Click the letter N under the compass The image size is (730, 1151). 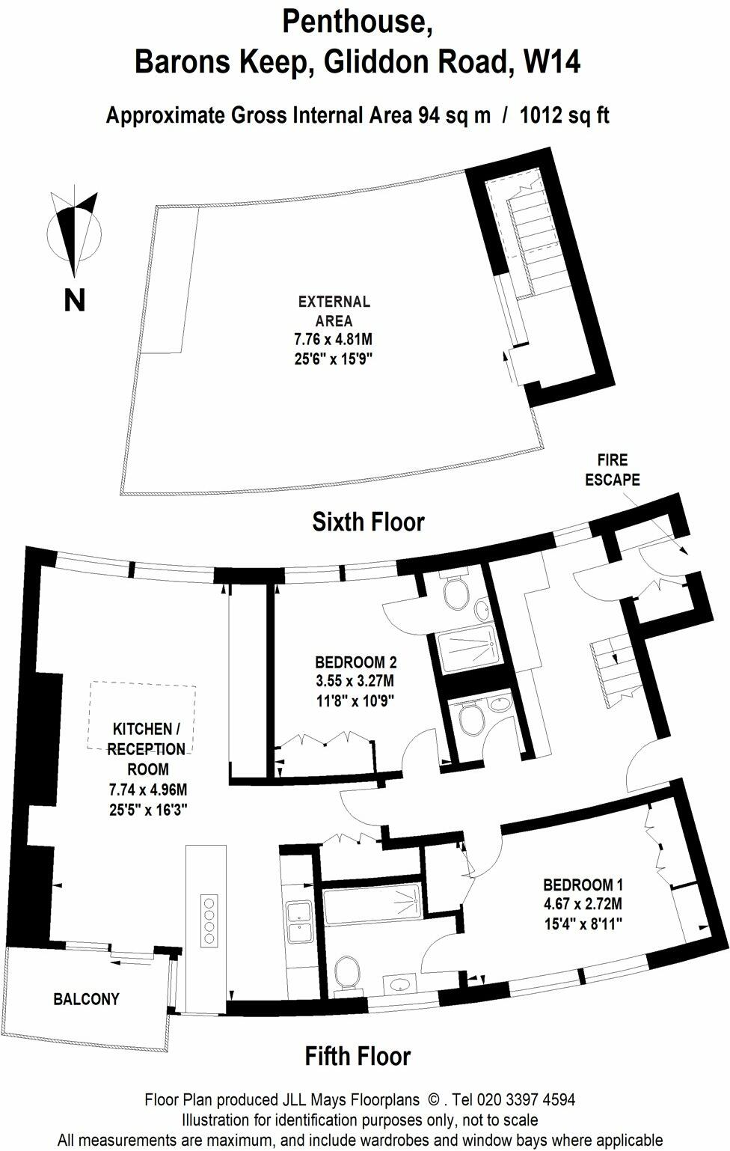point(74,300)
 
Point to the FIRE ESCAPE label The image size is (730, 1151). point(612,470)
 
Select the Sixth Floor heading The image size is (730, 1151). point(368,522)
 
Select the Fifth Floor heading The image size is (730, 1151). point(358,1056)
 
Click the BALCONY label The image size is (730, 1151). point(86,999)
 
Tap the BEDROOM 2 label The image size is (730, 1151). point(355,662)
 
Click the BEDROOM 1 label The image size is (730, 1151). point(583,884)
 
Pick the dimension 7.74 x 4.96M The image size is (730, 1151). point(147,790)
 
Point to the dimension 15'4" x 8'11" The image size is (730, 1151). point(583,924)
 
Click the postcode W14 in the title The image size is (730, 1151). point(553,63)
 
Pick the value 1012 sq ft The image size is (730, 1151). point(565,116)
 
